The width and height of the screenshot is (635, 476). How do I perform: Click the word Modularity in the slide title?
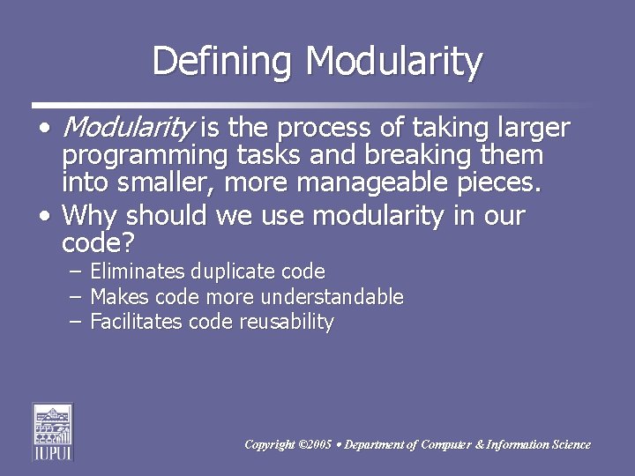click(394, 62)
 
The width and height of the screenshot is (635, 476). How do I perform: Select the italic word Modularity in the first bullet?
click(127, 129)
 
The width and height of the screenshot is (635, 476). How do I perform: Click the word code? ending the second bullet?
click(96, 242)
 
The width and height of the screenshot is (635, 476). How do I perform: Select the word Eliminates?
click(134, 271)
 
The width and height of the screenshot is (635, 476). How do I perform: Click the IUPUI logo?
click(52, 431)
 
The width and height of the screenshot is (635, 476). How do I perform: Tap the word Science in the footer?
click(570, 445)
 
